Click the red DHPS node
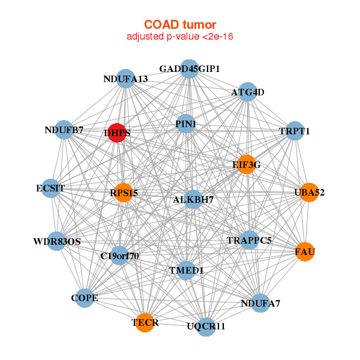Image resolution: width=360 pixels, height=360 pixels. point(116,133)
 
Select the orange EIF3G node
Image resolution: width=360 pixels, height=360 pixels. point(247,164)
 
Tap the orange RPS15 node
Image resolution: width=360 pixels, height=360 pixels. point(123,193)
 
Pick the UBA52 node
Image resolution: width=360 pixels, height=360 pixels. point(308,193)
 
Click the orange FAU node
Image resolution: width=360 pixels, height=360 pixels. point(304,251)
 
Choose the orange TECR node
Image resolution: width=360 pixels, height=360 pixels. point(145,323)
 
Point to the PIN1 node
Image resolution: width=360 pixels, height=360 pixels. point(185,124)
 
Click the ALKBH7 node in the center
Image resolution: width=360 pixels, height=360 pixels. point(193,199)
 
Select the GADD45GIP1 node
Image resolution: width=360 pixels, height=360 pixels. point(189,69)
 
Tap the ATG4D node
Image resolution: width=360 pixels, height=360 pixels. point(248,92)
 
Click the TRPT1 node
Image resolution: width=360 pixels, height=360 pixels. point(294,130)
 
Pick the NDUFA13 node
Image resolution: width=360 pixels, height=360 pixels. point(125,79)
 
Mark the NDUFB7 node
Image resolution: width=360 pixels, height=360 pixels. point(64,130)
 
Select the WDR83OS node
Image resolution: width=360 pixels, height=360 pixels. point(57,242)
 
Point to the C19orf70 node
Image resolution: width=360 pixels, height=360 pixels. point(120,256)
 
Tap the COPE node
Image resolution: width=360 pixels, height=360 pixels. point(85,298)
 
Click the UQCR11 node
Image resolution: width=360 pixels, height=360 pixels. point(206,326)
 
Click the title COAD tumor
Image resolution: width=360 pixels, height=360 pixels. point(180,25)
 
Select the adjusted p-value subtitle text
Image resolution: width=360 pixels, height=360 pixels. point(180,37)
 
